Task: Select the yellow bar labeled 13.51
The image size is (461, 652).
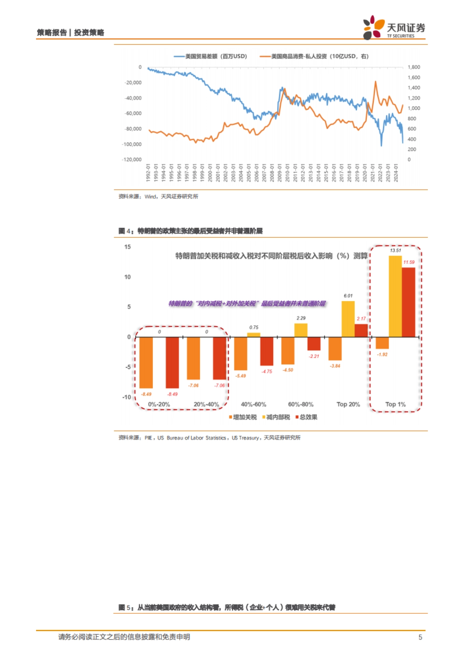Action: tap(395, 296)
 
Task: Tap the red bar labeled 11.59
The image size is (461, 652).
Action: tap(408, 302)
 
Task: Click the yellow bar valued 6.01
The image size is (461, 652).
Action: tap(348, 319)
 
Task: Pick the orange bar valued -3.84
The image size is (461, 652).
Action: tap(335, 349)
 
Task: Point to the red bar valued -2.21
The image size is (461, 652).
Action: tap(314, 344)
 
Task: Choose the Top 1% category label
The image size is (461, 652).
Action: tap(395, 404)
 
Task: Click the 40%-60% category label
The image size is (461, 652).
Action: tap(254, 404)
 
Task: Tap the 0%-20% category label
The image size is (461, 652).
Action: tap(159, 404)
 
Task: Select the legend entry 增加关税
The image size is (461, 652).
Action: tap(243, 417)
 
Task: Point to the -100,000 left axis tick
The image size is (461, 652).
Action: tap(132, 144)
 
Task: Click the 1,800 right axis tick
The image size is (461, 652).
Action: tap(414, 67)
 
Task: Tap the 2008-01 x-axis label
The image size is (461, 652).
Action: tap(272, 173)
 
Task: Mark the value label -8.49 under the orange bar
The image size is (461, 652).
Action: tap(146, 394)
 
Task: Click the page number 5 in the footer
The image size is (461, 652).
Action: tap(420, 637)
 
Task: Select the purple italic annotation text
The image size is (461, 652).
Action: tap(247, 304)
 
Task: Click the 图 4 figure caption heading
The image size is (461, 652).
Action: tap(191, 231)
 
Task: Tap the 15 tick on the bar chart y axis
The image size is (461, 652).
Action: tap(128, 247)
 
